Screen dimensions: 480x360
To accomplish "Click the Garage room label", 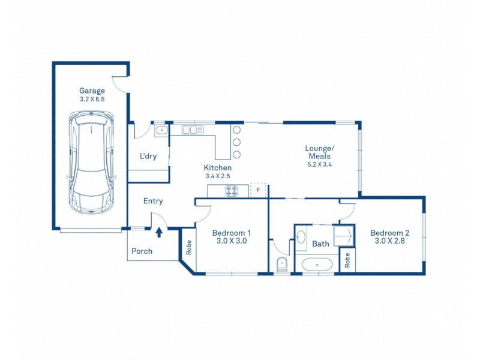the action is [x=92, y=91].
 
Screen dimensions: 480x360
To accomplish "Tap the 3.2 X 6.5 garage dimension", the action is [x=92, y=99].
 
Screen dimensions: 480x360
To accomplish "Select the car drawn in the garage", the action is [x=92, y=162].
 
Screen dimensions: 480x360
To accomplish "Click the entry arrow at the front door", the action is [x=159, y=232].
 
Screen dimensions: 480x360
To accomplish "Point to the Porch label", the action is [x=142, y=251].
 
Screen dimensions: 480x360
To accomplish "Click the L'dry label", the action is [x=148, y=156].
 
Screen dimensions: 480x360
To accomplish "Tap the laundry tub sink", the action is [x=161, y=131].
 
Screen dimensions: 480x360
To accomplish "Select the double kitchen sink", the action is [x=193, y=130].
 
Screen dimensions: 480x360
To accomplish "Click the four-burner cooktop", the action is [x=232, y=191].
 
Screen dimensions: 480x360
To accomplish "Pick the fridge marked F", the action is [x=258, y=190].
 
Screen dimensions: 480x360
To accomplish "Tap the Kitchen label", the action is [x=218, y=168].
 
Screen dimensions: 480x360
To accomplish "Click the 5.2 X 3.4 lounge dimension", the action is [x=320, y=164].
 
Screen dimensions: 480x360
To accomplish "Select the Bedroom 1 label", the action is [x=232, y=233].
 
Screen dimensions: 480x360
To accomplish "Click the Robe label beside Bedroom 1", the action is [x=188, y=247].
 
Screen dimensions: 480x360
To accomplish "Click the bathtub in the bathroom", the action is [x=317, y=265].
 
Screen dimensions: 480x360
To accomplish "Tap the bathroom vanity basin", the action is [x=301, y=237].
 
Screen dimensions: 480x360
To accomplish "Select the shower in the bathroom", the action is [x=344, y=236].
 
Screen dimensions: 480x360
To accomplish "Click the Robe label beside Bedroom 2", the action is [x=347, y=260].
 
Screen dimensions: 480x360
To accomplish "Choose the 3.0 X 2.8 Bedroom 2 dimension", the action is [x=389, y=241].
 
